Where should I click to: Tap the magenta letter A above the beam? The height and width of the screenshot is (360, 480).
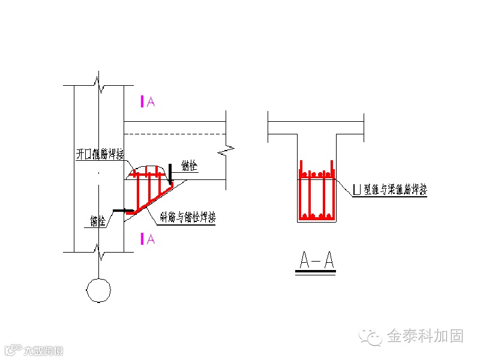pyautogui.click(x=151, y=101)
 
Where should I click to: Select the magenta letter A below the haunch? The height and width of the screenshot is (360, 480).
pyautogui.click(x=151, y=239)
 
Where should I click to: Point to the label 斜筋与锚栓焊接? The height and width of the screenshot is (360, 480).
pyautogui.click(x=187, y=217)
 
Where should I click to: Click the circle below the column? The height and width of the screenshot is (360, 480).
pyautogui.click(x=98, y=290)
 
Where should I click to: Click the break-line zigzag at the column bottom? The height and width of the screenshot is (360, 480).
pyautogui.click(x=98, y=254)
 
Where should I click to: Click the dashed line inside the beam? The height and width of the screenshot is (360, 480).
pyautogui.click(x=174, y=133)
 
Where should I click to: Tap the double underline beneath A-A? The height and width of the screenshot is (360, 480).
pyautogui.click(x=317, y=272)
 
